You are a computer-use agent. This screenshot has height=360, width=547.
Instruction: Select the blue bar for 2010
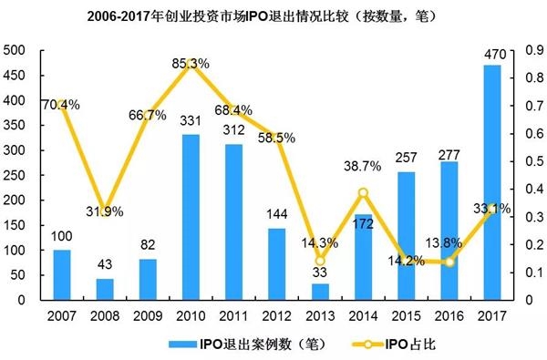pyautogui.click(x=191, y=217)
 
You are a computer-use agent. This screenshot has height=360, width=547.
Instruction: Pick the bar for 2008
pyautogui.click(x=105, y=289)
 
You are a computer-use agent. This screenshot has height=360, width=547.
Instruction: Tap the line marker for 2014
pyautogui.click(x=363, y=192)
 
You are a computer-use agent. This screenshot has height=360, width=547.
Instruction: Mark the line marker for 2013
pyautogui.click(x=320, y=261)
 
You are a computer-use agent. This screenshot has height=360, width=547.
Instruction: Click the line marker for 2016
pyautogui.click(x=449, y=262)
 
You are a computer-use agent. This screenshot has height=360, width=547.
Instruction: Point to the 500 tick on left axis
pyautogui.click(x=16, y=50)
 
